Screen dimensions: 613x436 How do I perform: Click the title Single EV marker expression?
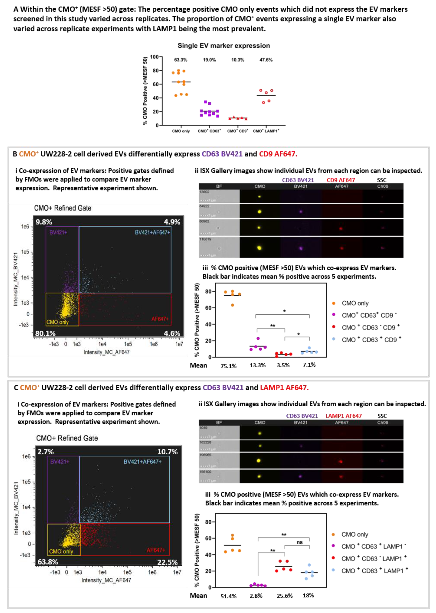(224, 46)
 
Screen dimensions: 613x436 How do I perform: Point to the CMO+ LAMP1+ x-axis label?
(266, 131)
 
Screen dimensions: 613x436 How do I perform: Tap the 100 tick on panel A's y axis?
(154, 57)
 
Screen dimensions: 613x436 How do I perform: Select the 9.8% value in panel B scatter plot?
(44, 222)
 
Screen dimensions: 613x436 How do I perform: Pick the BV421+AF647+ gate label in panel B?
(152, 232)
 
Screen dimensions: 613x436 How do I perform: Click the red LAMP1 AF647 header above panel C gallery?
(343, 416)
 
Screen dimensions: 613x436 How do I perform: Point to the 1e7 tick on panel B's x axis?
(179, 344)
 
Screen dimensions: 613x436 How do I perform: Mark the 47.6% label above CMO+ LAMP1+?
(266, 60)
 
